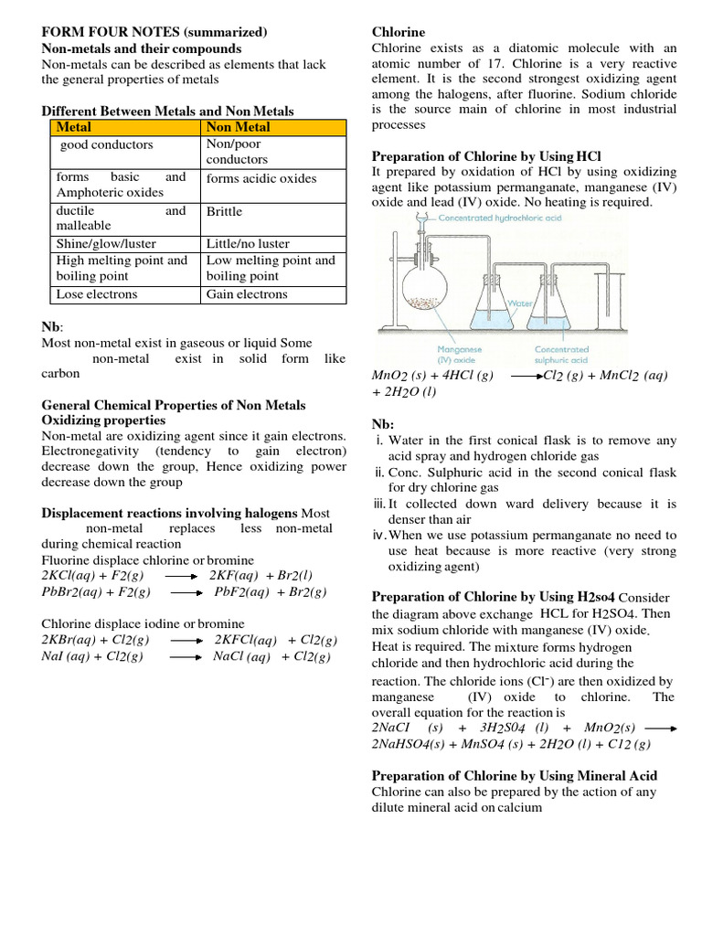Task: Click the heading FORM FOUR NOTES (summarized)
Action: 154,32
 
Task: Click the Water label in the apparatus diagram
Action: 520,303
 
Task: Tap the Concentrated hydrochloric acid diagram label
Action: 513,218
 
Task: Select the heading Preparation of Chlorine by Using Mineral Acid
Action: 515,775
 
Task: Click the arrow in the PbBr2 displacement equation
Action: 186,593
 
